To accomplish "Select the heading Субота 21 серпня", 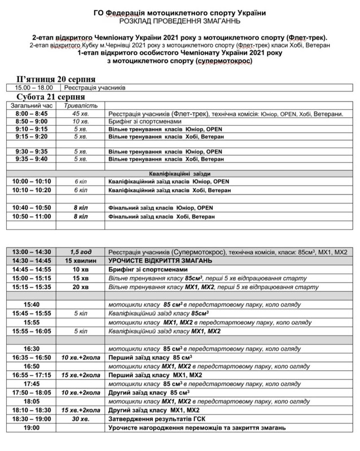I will click(x=51, y=98).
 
